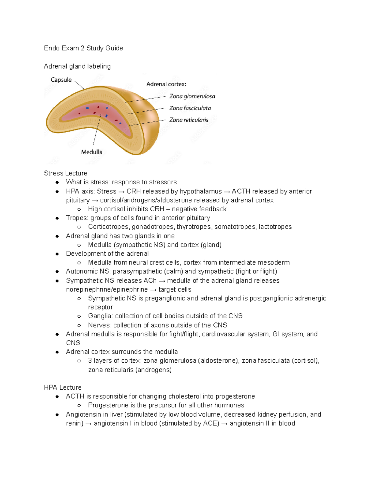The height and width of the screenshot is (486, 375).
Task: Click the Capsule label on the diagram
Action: click(x=61, y=80)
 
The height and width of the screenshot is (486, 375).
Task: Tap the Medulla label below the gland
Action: click(x=92, y=152)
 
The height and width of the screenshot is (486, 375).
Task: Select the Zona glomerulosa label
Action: click(x=192, y=96)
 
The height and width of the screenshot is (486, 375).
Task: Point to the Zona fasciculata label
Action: click(x=190, y=108)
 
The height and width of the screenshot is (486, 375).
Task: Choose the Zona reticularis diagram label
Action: click(x=189, y=120)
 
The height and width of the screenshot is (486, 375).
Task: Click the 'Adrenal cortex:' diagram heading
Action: click(x=166, y=84)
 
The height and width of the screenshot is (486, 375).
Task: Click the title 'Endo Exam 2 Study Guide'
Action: click(x=83, y=48)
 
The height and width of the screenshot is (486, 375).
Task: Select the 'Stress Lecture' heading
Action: click(x=66, y=173)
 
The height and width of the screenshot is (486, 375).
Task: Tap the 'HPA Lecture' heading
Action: click(x=63, y=387)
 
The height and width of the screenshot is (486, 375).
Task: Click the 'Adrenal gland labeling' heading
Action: click(x=77, y=66)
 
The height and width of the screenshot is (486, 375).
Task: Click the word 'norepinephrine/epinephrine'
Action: click(x=107, y=289)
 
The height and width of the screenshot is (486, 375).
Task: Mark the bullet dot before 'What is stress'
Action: click(x=57, y=182)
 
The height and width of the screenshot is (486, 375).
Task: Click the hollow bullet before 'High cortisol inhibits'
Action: click(x=79, y=209)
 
